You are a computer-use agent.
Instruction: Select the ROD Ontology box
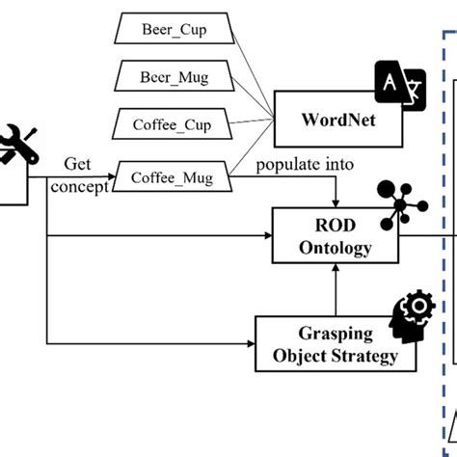[334, 234]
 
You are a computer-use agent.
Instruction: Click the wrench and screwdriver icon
[21, 143]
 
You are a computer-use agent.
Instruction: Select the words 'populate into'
[298, 165]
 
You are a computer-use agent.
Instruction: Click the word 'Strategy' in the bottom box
[362, 356]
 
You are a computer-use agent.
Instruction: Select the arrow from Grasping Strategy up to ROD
[334, 289]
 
